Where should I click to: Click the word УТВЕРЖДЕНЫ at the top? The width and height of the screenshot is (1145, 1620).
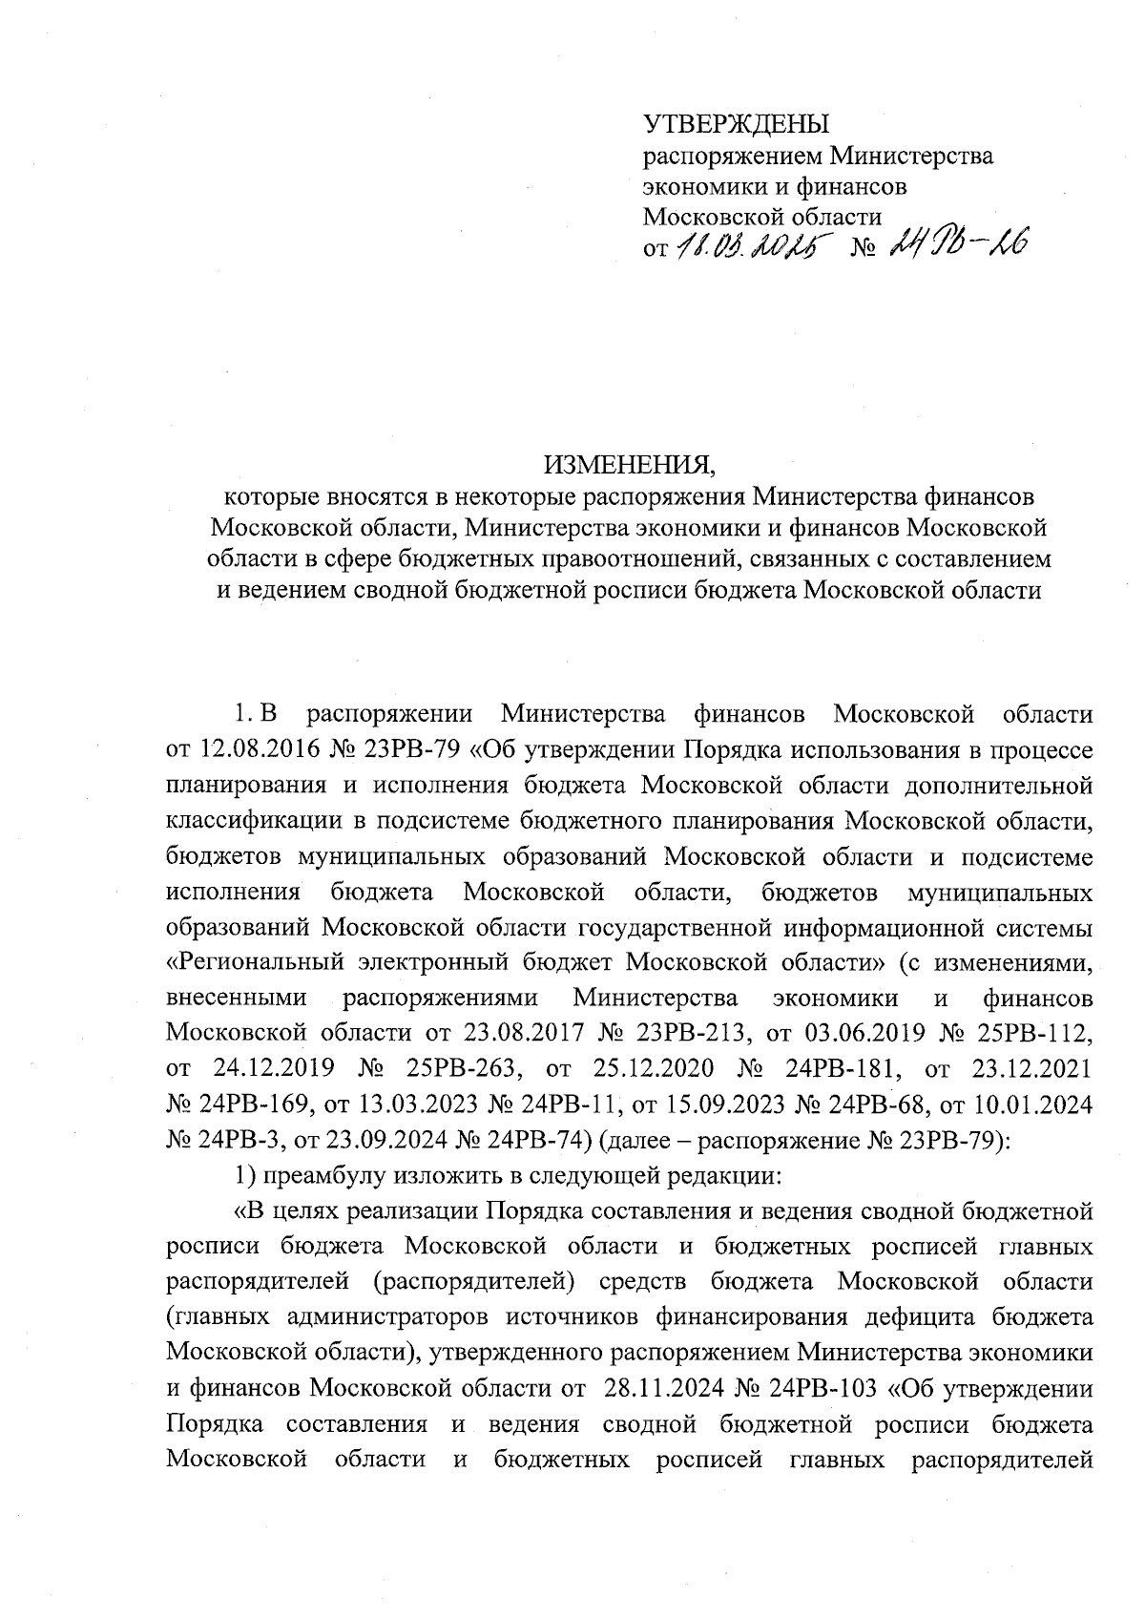coord(737,124)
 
